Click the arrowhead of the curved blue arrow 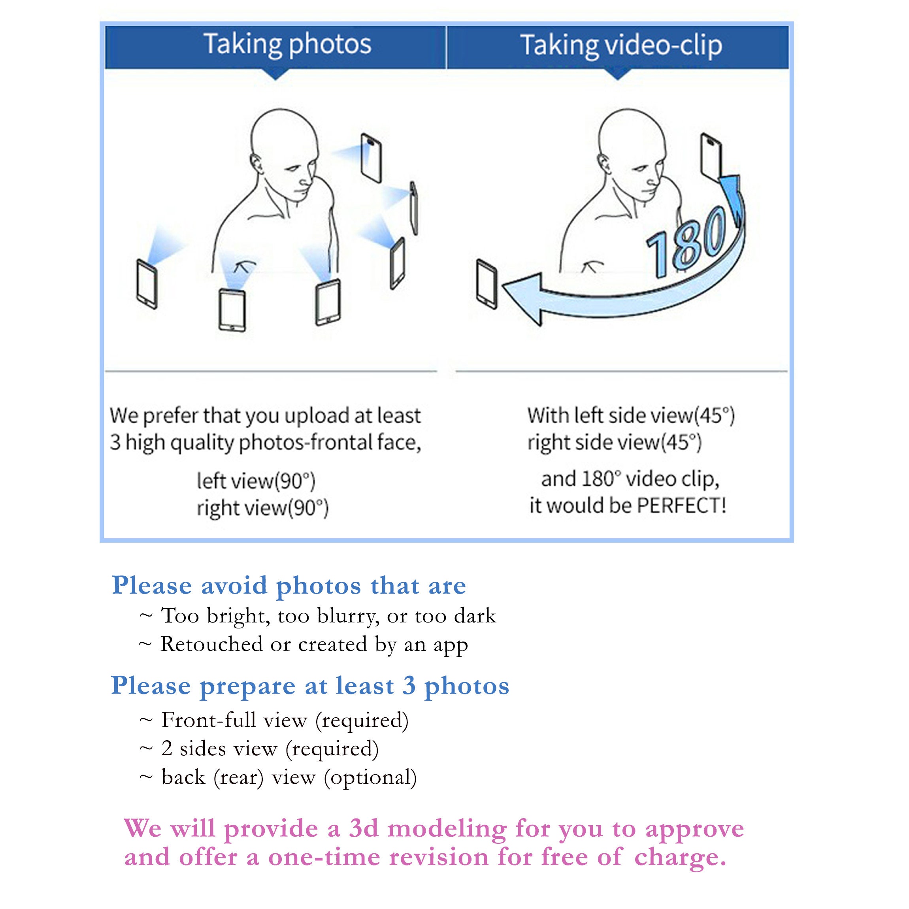pos(523,297)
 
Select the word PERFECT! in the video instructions pos(682,506)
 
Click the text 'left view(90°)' pos(256,481)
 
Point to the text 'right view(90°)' pos(262,508)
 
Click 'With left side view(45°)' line pos(631,416)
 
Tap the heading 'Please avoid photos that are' pos(289,586)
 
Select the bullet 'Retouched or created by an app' pos(304,645)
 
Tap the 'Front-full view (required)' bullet pos(274,720)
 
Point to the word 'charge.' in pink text pos(680,857)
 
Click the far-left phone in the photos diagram pos(147,284)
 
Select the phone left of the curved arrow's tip pos(487,284)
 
